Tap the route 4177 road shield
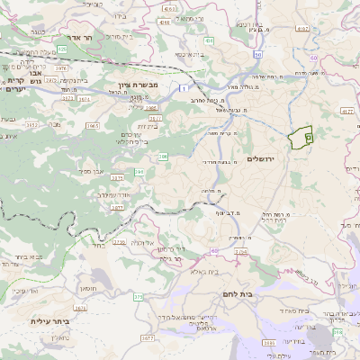tap(347, 111)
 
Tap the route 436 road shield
tap(209, 40)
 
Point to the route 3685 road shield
tap(268, 343)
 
